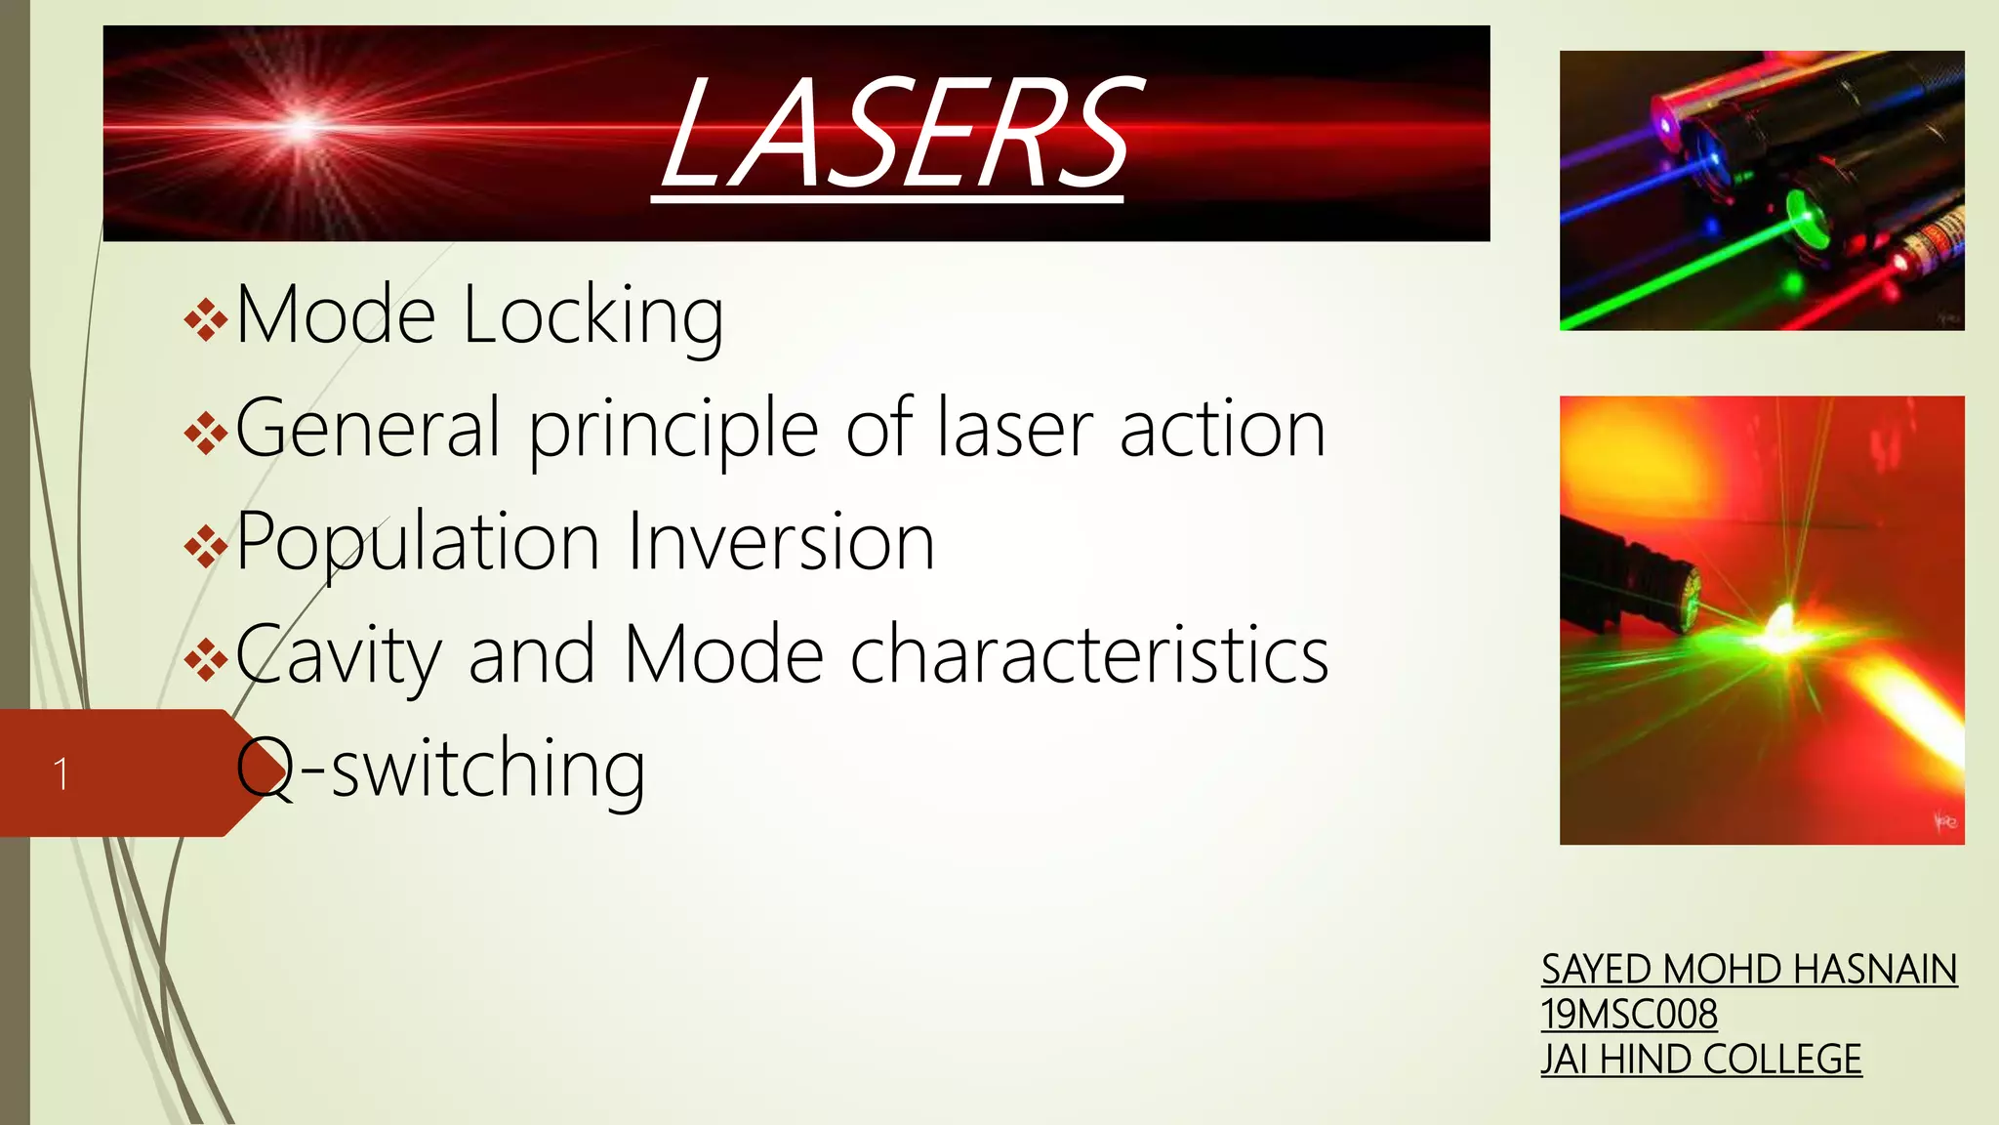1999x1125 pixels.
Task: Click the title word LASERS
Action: coord(896,135)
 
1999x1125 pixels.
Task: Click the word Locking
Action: coord(592,316)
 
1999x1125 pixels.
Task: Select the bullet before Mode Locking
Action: coord(205,320)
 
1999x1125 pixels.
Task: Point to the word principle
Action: coord(673,430)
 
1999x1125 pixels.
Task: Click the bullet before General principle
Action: coord(205,433)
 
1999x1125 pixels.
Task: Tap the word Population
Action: coord(418,543)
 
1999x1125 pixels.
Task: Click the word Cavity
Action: coord(339,656)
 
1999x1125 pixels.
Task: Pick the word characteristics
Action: coord(1089,654)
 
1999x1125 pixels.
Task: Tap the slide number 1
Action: coord(61,774)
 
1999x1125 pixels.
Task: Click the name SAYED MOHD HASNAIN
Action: coord(1749,970)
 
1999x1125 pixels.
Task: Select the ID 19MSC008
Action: coord(1629,1015)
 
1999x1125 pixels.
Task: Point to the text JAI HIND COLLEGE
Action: coord(1701,1060)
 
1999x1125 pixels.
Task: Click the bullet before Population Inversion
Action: coord(205,546)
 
